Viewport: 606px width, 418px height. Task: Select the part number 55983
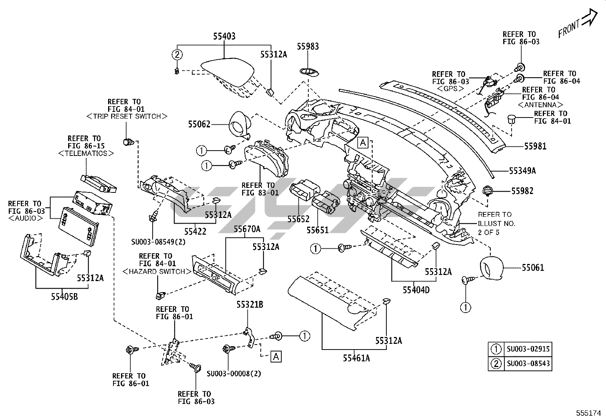308,46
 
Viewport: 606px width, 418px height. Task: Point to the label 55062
199,124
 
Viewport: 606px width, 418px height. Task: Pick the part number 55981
535,146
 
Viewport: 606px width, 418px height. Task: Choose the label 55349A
522,171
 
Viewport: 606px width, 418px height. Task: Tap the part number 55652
298,219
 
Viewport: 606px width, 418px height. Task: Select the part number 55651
317,230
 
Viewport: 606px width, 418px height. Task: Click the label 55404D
416,290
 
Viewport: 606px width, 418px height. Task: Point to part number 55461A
356,358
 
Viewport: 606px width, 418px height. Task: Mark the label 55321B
250,304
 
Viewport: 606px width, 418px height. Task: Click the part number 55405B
64,296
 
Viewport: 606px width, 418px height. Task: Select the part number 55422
195,231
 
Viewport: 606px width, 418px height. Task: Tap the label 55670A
247,229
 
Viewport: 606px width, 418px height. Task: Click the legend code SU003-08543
528,364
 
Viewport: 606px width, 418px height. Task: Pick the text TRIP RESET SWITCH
127,116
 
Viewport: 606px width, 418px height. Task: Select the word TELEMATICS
86,153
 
